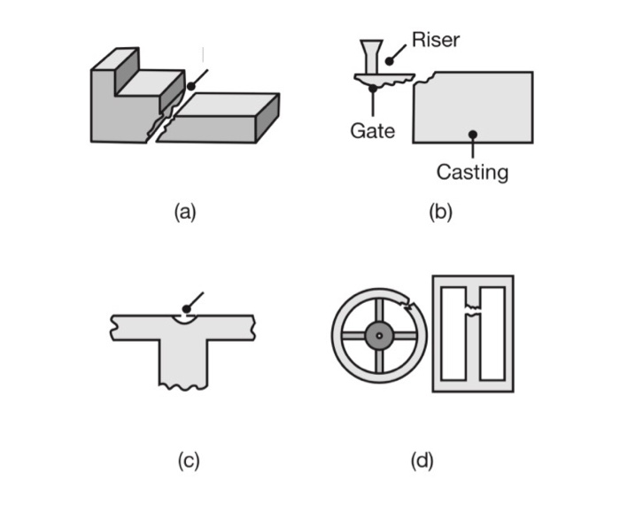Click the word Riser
tap(436, 40)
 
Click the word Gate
tap(372, 131)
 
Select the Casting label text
tap(472, 172)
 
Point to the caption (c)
tap(188, 460)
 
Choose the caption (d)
tap(422, 460)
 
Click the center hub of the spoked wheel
tap(379, 335)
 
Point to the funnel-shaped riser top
tap(370, 50)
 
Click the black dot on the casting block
tap(473, 134)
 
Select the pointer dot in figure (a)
tap(190, 86)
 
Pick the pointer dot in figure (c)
tap(186, 308)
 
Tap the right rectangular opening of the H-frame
tap(492, 332)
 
